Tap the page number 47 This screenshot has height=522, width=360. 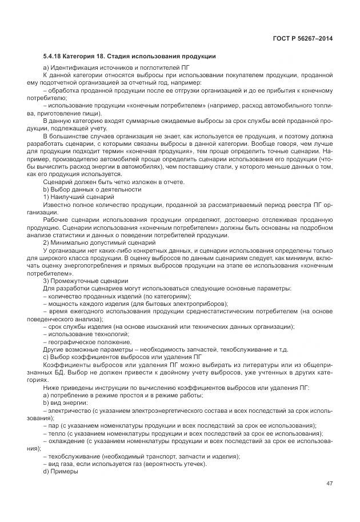pyautogui.click(x=329, y=483)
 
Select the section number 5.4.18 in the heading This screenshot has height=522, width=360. pyautogui.click(x=53, y=57)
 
